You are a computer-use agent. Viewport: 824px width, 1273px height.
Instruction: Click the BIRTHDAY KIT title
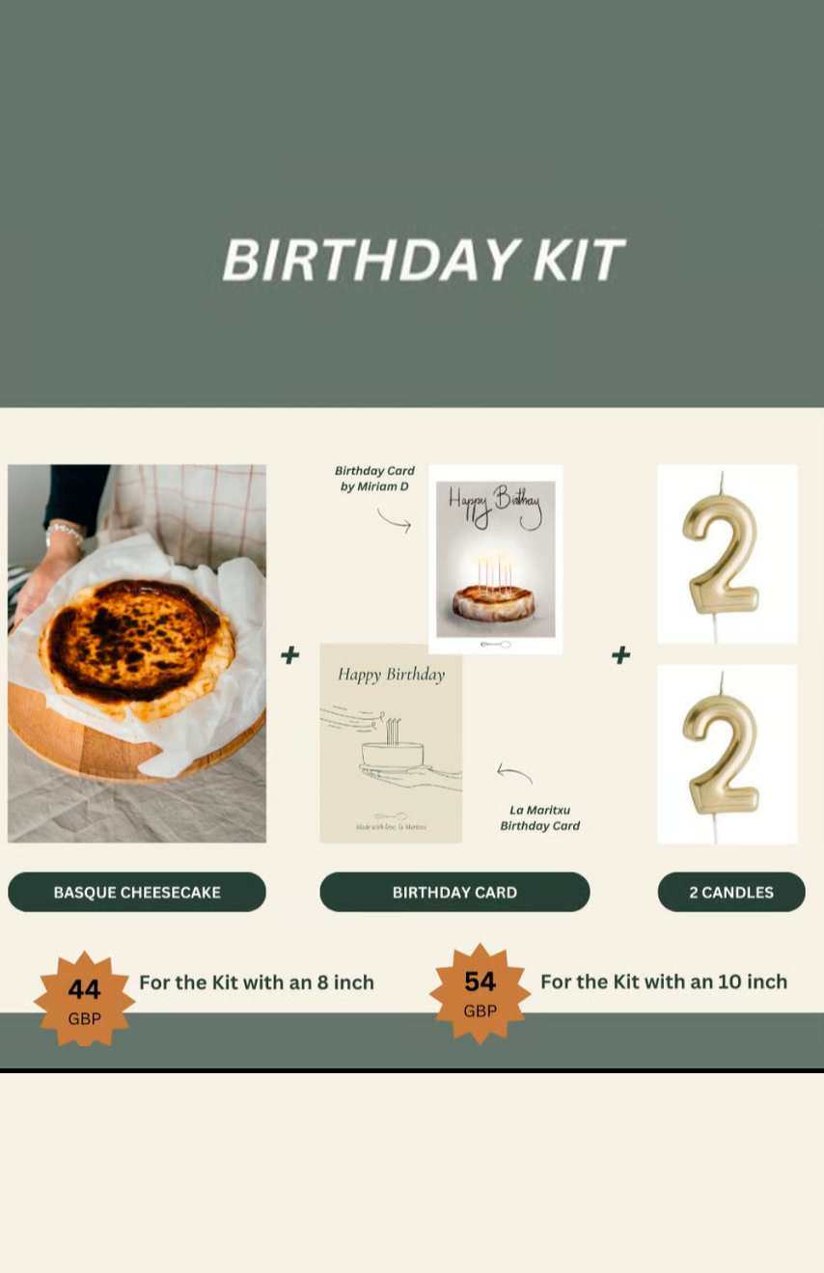point(423,260)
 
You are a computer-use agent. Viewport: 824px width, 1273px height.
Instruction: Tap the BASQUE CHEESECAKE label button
point(137,892)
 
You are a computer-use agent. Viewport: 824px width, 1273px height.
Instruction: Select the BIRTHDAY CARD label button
point(454,892)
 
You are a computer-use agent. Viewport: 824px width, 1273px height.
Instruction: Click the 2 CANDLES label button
point(731,892)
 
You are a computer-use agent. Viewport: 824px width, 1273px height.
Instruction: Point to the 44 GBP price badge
point(85,999)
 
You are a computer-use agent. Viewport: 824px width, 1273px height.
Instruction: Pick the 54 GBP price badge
point(480,993)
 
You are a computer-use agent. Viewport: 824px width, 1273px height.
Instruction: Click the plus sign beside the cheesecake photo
point(289,655)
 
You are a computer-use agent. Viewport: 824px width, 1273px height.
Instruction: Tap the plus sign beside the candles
point(620,655)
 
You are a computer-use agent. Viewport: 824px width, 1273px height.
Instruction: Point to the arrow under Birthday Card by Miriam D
point(394,522)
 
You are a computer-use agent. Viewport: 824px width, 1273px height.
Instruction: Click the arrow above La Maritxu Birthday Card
point(514,772)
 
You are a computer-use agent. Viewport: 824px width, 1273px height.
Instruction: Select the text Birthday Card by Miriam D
point(374,479)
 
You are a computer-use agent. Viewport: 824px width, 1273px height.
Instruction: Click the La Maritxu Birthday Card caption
point(540,817)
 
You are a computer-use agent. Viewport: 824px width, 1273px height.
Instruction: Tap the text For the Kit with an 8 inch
point(257,982)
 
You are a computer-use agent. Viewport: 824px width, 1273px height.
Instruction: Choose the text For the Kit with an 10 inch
point(664,982)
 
